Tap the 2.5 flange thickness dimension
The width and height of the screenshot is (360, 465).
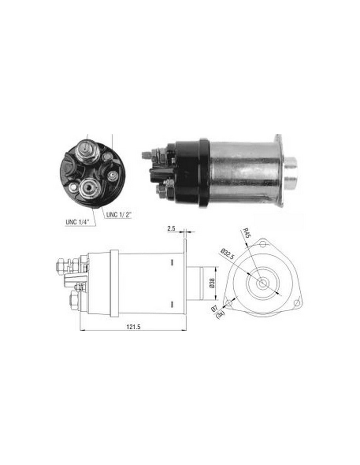point(171,228)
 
